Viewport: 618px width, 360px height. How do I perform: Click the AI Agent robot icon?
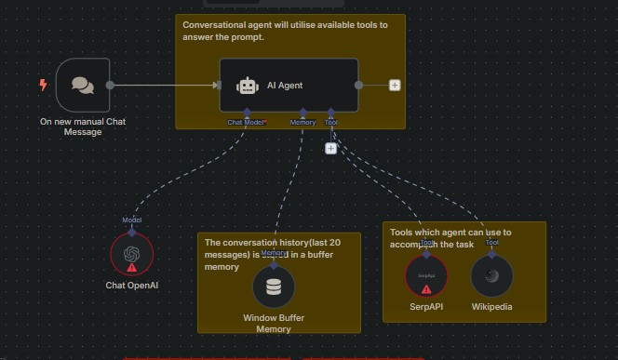[x=248, y=86]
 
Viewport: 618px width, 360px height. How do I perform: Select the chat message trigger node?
[x=83, y=85]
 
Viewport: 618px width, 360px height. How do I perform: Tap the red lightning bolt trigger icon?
[x=43, y=85]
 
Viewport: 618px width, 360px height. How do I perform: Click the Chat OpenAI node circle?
[x=131, y=254]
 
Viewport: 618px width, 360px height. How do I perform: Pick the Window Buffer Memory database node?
[x=274, y=287]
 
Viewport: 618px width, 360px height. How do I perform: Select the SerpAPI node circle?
[x=426, y=276]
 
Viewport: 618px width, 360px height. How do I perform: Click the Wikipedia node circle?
[x=491, y=276]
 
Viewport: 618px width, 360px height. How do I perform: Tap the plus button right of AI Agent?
[x=395, y=85]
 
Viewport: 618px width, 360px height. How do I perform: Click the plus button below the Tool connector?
[x=330, y=148]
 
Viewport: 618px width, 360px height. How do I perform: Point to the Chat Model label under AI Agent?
[x=247, y=122]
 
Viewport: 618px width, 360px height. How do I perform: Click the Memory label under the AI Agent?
[x=302, y=122]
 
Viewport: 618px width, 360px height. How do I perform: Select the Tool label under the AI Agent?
[x=330, y=122]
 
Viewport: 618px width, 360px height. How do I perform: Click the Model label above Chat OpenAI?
[x=131, y=220]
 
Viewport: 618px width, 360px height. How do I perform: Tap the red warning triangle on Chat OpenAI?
[x=131, y=267]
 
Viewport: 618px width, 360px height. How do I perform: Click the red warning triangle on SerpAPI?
[x=426, y=288]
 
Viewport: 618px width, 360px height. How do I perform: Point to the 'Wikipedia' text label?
[x=491, y=307]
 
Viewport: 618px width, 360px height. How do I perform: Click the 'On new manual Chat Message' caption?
[x=83, y=127]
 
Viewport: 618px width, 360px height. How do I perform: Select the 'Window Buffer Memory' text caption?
[x=274, y=324]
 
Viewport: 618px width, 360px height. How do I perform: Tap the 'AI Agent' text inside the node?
[x=285, y=86]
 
